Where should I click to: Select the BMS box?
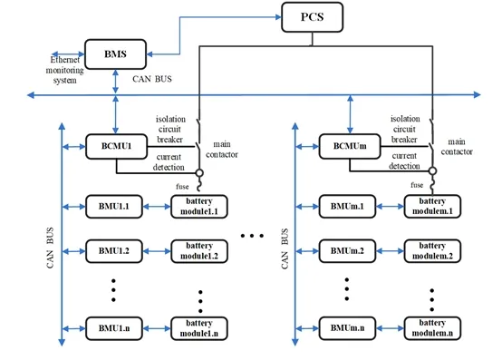[115, 54]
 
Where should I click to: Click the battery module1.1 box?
[198, 205]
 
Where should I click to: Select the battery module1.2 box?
[198, 249]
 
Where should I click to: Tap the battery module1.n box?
[198, 326]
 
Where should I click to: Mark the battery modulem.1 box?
[432, 205]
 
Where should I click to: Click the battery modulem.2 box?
[432, 249]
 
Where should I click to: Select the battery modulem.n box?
[432, 326]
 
